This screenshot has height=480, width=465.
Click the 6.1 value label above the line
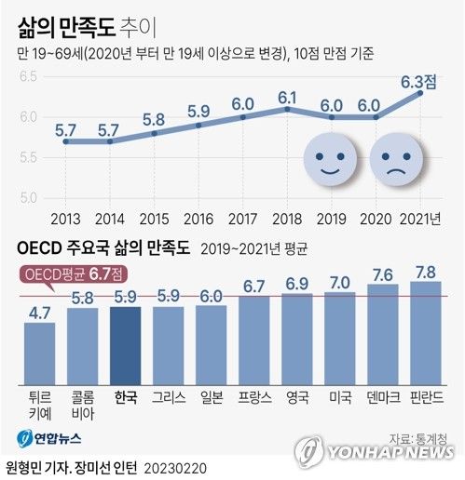[288, 96]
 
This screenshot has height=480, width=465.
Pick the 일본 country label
[211, 397]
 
